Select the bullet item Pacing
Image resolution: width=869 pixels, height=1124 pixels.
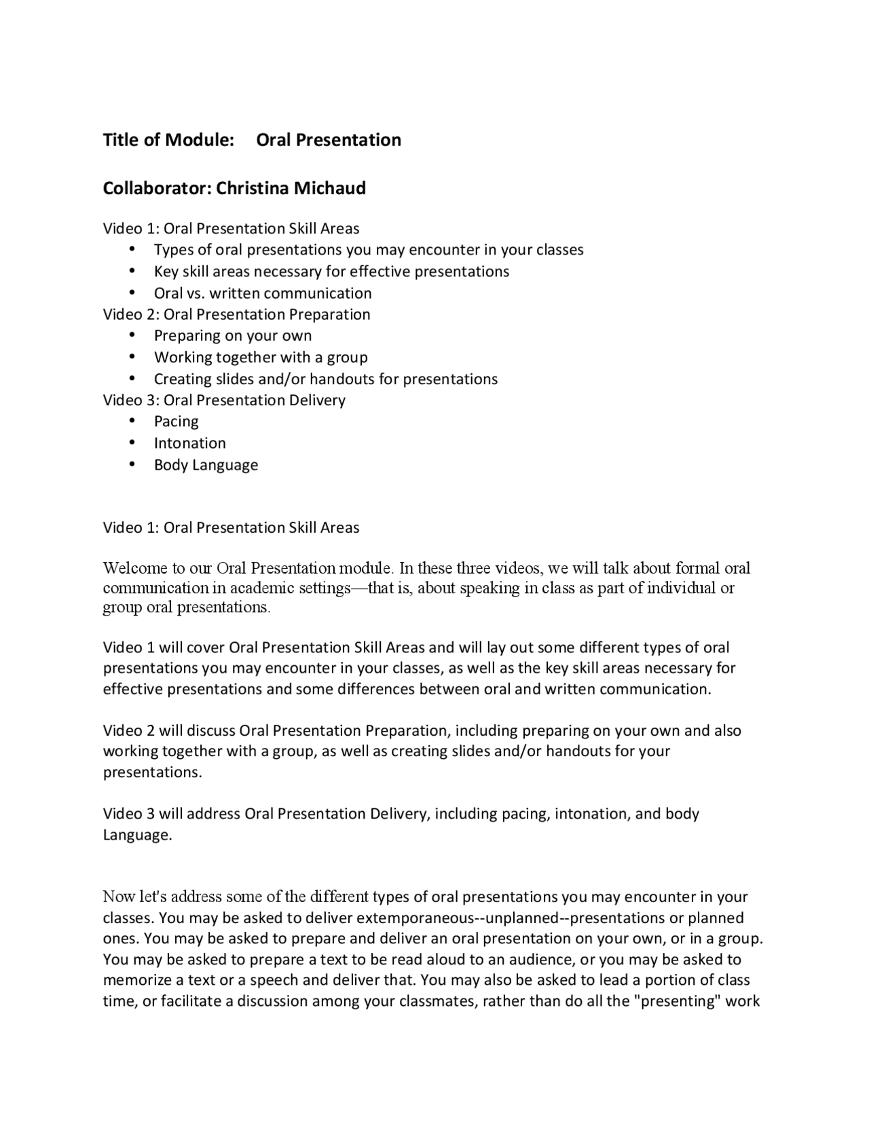[176, 421]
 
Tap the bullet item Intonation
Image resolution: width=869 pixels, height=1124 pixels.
[189, 443]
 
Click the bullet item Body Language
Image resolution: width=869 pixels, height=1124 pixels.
[206, 465]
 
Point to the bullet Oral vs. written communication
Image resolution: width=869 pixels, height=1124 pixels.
[263, 293]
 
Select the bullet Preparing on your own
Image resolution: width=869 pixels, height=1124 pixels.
[233, 335]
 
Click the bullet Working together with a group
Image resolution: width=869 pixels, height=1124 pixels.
[261, 357]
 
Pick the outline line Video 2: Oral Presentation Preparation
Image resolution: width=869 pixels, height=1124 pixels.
[236, 314]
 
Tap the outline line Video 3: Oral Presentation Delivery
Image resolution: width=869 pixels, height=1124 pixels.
[224, 400]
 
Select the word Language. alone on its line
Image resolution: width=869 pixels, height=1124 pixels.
[137, 835]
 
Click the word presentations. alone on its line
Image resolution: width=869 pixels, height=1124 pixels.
[152, 772]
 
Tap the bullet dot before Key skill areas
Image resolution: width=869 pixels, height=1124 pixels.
[132, 271]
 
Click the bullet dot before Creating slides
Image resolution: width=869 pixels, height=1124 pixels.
[132, 379]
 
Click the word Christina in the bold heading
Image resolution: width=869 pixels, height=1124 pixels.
[252, 188]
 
